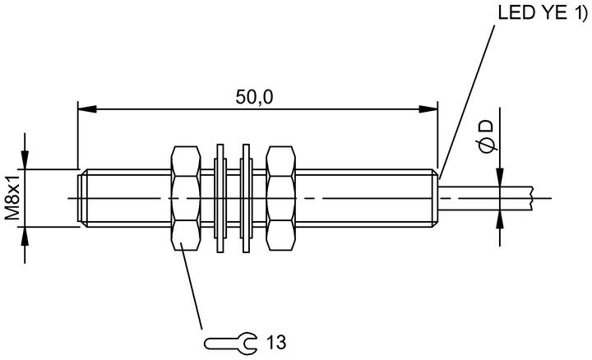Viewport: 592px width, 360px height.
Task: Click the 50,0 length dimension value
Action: [x=254, y=97]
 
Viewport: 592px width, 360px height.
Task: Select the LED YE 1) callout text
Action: [x=543, y=12]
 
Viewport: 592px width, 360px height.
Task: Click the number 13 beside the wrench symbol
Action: [x=276, y=342]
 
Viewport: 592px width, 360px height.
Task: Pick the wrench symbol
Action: [x=230, y=343]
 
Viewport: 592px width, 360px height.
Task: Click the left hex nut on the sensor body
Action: [x=185, y=198]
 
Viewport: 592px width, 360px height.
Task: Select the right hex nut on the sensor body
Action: [x=280, y=198]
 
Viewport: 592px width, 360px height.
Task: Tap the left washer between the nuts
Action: [x=220, y=198]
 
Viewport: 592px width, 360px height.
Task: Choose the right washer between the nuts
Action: [x=246, y=198]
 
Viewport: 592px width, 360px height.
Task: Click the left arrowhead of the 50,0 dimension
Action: [x=87, y=109]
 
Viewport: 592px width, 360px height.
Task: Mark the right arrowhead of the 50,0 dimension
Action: [x=428, y=109]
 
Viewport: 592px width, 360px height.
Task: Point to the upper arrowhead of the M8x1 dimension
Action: [x=25, y=160]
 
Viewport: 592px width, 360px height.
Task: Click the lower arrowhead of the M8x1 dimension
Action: [x=25, y=236]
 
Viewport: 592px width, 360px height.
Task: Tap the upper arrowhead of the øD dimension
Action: [x=500, y=177]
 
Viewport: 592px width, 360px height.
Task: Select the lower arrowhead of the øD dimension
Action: [x=500, y=219]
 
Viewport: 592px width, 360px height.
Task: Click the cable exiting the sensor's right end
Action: [x=486, y=198]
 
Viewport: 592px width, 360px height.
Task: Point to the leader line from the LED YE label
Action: [x=467, y=102]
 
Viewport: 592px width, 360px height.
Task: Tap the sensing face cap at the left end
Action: [x=80, y=198]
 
